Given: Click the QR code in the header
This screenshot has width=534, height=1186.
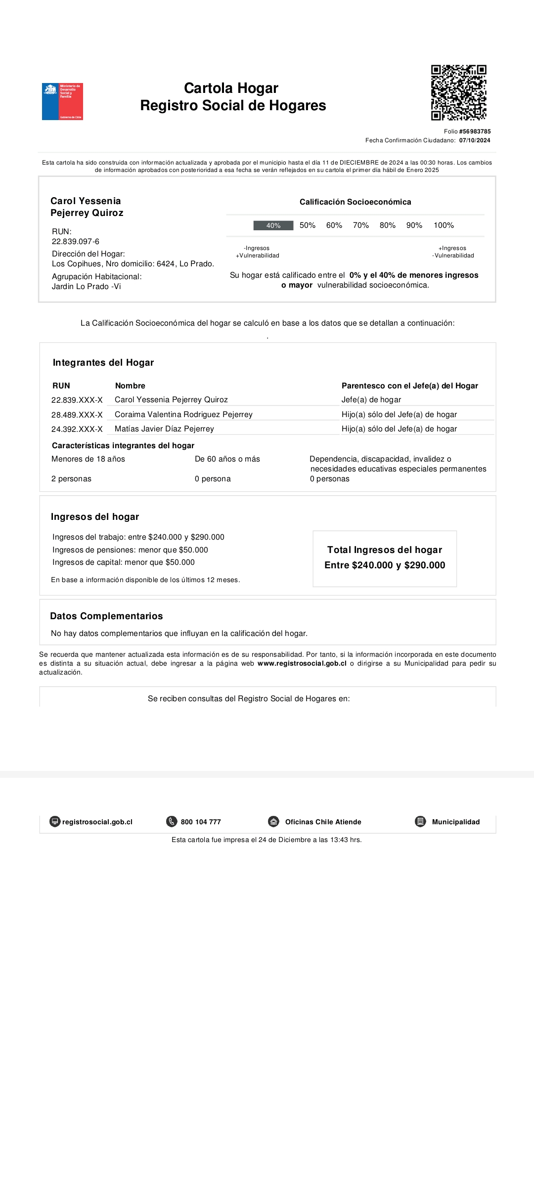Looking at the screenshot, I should pyautogui.click(x=458, y=92).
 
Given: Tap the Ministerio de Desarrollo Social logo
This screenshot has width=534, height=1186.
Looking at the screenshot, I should pyautogui.click(x=62, y=101).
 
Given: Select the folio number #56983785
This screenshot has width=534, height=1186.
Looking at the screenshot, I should pyautogui.click(x=475, y=131).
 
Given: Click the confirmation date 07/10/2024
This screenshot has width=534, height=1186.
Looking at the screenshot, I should pyautogui.click(x=475, y=140).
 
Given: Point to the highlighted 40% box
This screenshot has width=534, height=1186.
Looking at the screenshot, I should pyautogui.click(x=273, y=225).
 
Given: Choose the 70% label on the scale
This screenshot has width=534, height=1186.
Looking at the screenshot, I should pyautogui.click(x=360, y=225).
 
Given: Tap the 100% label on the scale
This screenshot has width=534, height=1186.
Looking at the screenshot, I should pyautogui.click(x=444, y=225).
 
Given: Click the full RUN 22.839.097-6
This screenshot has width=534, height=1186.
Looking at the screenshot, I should pyautogui.click(x=76, y=242).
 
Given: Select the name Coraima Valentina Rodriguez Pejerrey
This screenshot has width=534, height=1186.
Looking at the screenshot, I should pyautogui.click(x=183, y=415).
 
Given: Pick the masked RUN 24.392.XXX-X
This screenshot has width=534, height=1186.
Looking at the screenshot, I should pyautogui.click(x=77, y=429).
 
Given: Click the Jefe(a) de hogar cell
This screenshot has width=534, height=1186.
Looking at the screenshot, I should pyautogui.click(x=371, y=400).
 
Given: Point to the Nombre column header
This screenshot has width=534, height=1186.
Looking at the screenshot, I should pyautogui.click(x=130, y=386).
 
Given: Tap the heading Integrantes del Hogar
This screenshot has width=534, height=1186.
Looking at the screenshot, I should pyautogui.click(x=103, y=363).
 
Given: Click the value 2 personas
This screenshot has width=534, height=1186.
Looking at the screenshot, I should pyautogui.click(x=71, y=479).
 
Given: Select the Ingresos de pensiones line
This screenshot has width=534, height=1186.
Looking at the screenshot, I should pyautogui.click(x=130, y=550).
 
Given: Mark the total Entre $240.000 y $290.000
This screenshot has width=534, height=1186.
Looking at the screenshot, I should pyautogui.click(x=385, y=565).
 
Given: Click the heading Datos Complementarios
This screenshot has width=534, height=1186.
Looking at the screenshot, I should pyautogui.click(x=106, y=616).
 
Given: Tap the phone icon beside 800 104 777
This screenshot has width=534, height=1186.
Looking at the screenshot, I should pyautogui.click(x=172, y=822).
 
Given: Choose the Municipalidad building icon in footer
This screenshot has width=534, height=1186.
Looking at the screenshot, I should pyautogui.click(x=420, y=822).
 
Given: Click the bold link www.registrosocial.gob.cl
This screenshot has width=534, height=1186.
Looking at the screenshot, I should pyautogui.click(x=302, y=664).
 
